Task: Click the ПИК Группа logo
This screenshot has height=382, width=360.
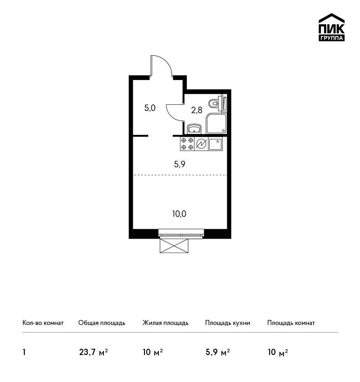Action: [x=332, y=27]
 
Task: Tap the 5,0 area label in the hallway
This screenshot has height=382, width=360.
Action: [x=150, y=108]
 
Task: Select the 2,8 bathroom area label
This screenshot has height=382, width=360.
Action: [x=197, y=111]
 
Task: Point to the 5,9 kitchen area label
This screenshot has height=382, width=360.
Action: [x=180, y=164]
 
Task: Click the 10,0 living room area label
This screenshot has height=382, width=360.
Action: [x=179, y=214]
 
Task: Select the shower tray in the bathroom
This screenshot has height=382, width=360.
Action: [x=216, y=124]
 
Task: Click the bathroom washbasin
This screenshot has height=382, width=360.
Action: [x=194, y=129]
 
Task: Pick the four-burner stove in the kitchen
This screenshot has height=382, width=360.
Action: [x=187, y=144]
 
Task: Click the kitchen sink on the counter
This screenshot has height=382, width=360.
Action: [x=215, y=144]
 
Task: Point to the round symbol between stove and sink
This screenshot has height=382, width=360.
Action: [x=201, y=144]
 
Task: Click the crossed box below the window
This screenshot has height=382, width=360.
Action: [x=174, y=245]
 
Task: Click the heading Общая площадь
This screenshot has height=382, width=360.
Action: [x=102, y=323]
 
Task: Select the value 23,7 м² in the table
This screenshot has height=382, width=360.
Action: [x=94, y=352]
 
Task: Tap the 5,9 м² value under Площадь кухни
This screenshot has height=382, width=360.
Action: [x=218, y=352]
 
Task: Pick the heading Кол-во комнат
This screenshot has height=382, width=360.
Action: [x=43, y=323]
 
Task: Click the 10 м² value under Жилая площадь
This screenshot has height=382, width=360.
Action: [x=153, y=352]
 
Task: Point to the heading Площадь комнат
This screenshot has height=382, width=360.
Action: [x=291, y=323]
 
